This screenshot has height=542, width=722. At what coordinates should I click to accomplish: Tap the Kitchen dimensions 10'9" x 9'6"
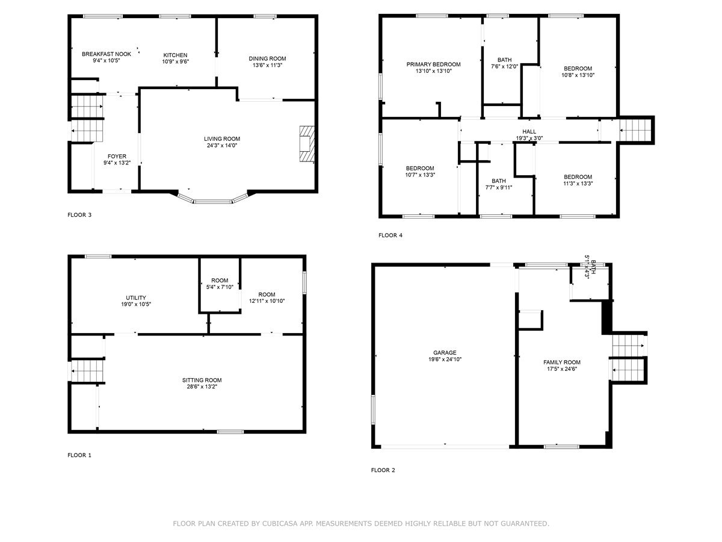point(176,61)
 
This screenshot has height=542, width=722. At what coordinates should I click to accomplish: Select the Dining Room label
point(267,58)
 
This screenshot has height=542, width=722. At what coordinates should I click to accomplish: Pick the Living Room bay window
point(212,200)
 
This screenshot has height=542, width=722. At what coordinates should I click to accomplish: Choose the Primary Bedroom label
point(433,64)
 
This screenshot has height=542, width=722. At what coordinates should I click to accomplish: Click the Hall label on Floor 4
point(529,131)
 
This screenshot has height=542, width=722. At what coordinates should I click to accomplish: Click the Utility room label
point(136,297)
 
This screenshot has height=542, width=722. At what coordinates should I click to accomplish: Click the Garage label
point(445,353)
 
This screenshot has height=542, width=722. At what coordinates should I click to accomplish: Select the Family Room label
point(562,362)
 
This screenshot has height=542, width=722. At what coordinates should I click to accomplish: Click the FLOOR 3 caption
point(79,214)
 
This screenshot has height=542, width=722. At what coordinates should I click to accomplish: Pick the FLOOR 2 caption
point(383,470)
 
